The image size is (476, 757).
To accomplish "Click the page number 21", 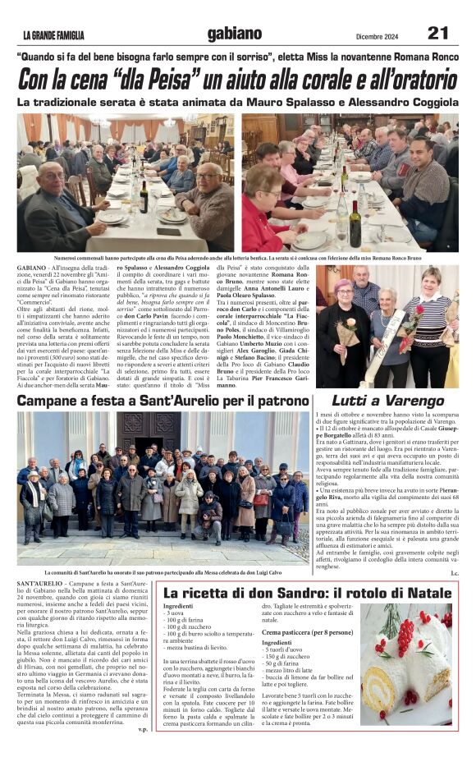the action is [438, 34].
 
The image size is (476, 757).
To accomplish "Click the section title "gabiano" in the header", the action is [235, 34].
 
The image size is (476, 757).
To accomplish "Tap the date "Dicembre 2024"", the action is [377, 35].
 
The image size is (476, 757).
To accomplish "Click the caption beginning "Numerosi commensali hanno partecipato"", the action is [238, 258].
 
